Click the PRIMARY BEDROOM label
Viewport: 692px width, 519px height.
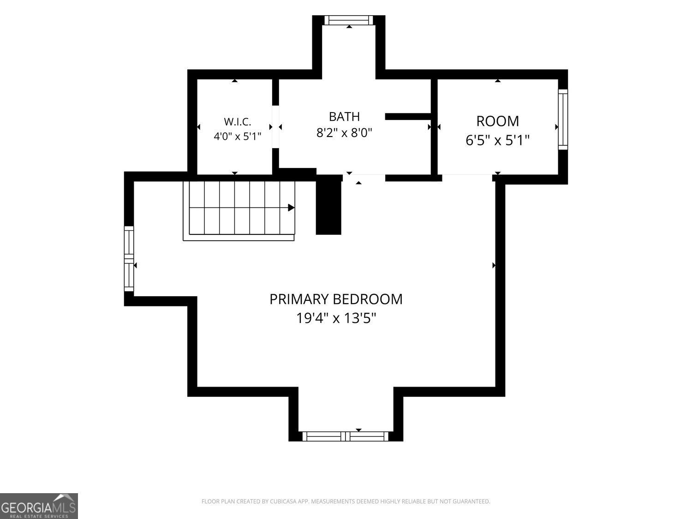(336, 299)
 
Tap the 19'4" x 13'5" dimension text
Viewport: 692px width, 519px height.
(336, 318)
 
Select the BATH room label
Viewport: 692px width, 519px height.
(344, 117)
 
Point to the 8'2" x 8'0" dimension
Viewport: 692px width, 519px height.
(344, 133)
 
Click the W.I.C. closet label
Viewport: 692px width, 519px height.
(238, 121)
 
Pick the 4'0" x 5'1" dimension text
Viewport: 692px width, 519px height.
(238, 137)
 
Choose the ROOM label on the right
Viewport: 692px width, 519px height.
(497, 121)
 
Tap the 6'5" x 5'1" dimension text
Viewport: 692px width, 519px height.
(497, 140)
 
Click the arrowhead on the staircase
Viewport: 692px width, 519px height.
(291, 208)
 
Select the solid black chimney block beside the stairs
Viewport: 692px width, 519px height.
(328, 208)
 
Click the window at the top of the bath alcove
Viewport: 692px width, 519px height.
(349, 20)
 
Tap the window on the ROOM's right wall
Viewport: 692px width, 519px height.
(563, 119)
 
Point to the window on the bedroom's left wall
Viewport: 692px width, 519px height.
(129, 259)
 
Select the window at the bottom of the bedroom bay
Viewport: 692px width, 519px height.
(346, 436)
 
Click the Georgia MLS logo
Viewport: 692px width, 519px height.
(39, 506)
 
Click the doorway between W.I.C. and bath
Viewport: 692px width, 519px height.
(275, 127)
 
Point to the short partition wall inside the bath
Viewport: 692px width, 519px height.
(408, 117)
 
